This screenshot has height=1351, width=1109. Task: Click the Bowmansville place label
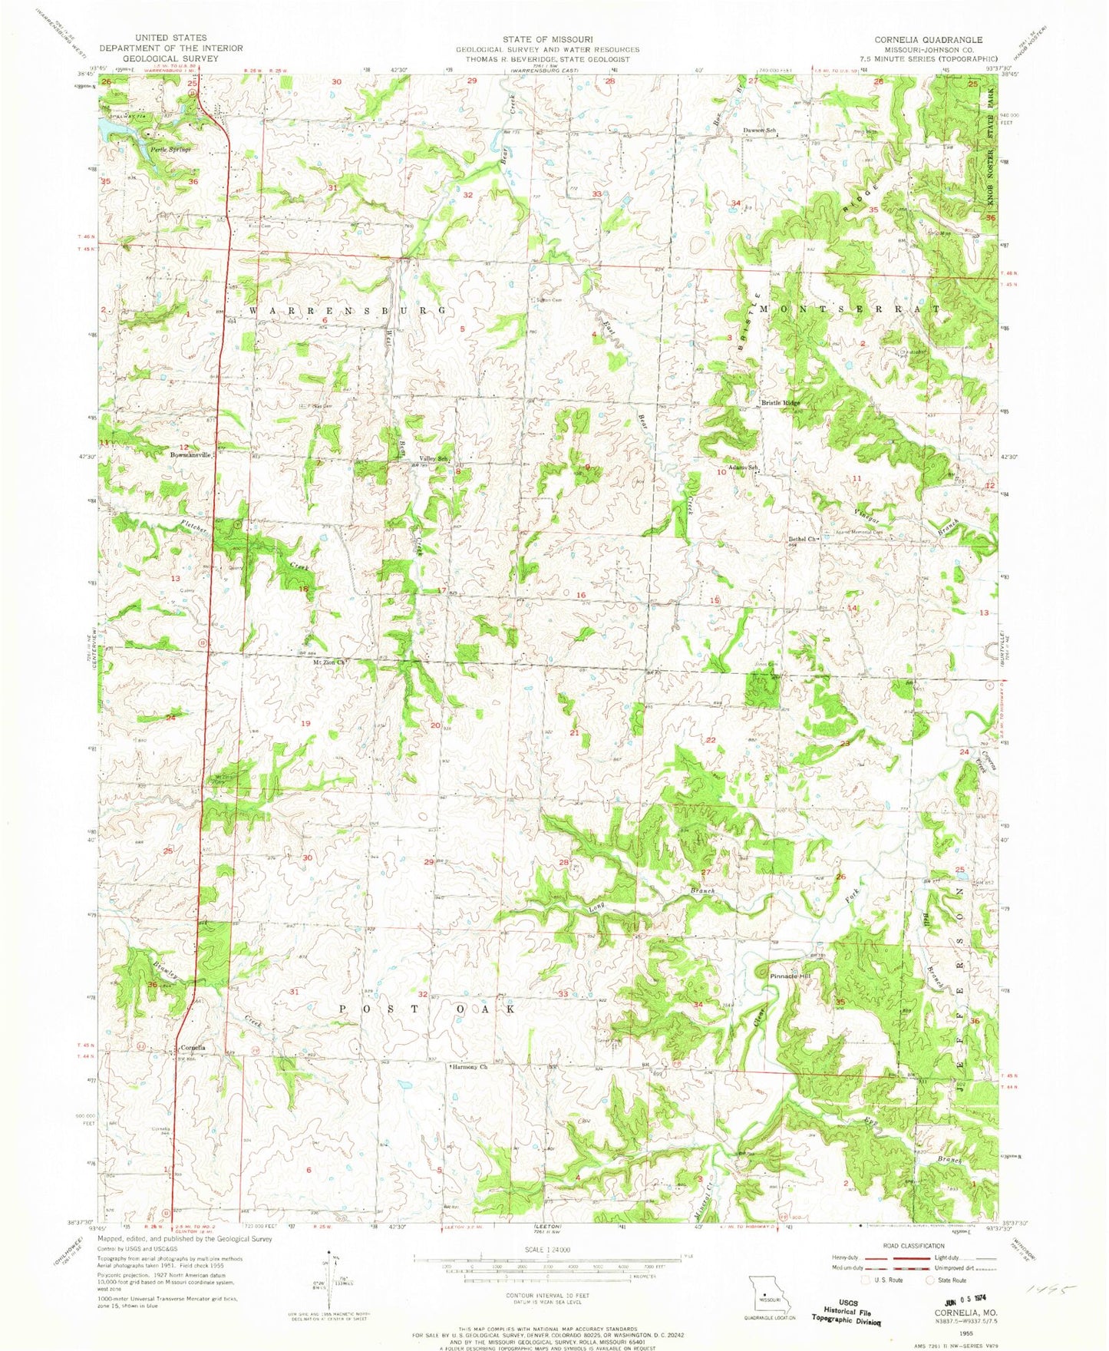190,454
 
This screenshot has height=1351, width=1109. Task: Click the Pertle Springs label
170,149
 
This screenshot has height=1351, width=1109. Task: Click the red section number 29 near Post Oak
428,863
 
